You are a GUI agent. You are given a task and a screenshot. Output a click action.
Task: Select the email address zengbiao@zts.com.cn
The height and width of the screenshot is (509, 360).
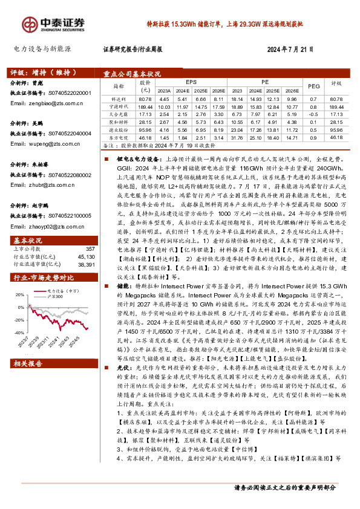[x=46, y=103]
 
